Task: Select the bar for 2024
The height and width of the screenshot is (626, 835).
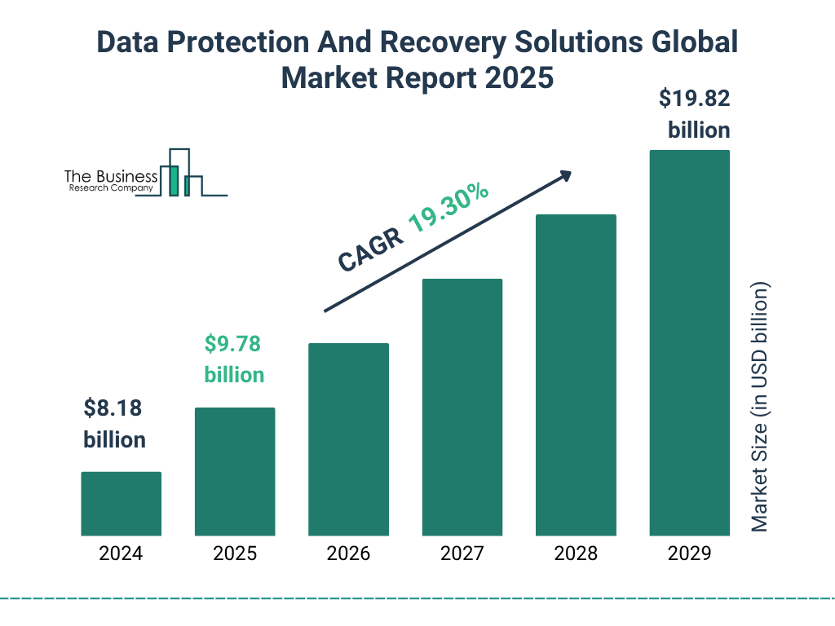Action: pos(121,504)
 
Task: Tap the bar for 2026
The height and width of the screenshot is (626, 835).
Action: pos(348,439)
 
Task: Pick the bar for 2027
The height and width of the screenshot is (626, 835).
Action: pos(462,407)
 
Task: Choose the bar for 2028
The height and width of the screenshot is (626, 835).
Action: pos(576,375)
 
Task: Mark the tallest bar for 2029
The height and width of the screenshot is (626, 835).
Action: pos(689,342)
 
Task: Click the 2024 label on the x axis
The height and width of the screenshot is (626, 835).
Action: pos(121,554)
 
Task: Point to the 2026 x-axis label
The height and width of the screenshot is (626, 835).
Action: pos(348,554)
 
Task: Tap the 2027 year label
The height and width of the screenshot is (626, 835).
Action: pos(462,554)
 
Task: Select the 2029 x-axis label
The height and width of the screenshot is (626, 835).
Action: pos(689,554)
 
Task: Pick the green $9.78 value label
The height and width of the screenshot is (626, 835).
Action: pos(232,344)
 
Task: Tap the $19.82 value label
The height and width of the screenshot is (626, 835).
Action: pos(694,99)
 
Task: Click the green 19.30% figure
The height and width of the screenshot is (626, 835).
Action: pos(448,209)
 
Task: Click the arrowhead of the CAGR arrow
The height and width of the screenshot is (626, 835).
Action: pos(565,175)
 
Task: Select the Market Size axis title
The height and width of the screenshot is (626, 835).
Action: pos(760,408)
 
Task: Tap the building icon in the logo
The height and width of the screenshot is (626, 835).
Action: pos(180,174)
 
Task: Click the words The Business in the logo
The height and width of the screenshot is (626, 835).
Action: pos(111,176)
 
